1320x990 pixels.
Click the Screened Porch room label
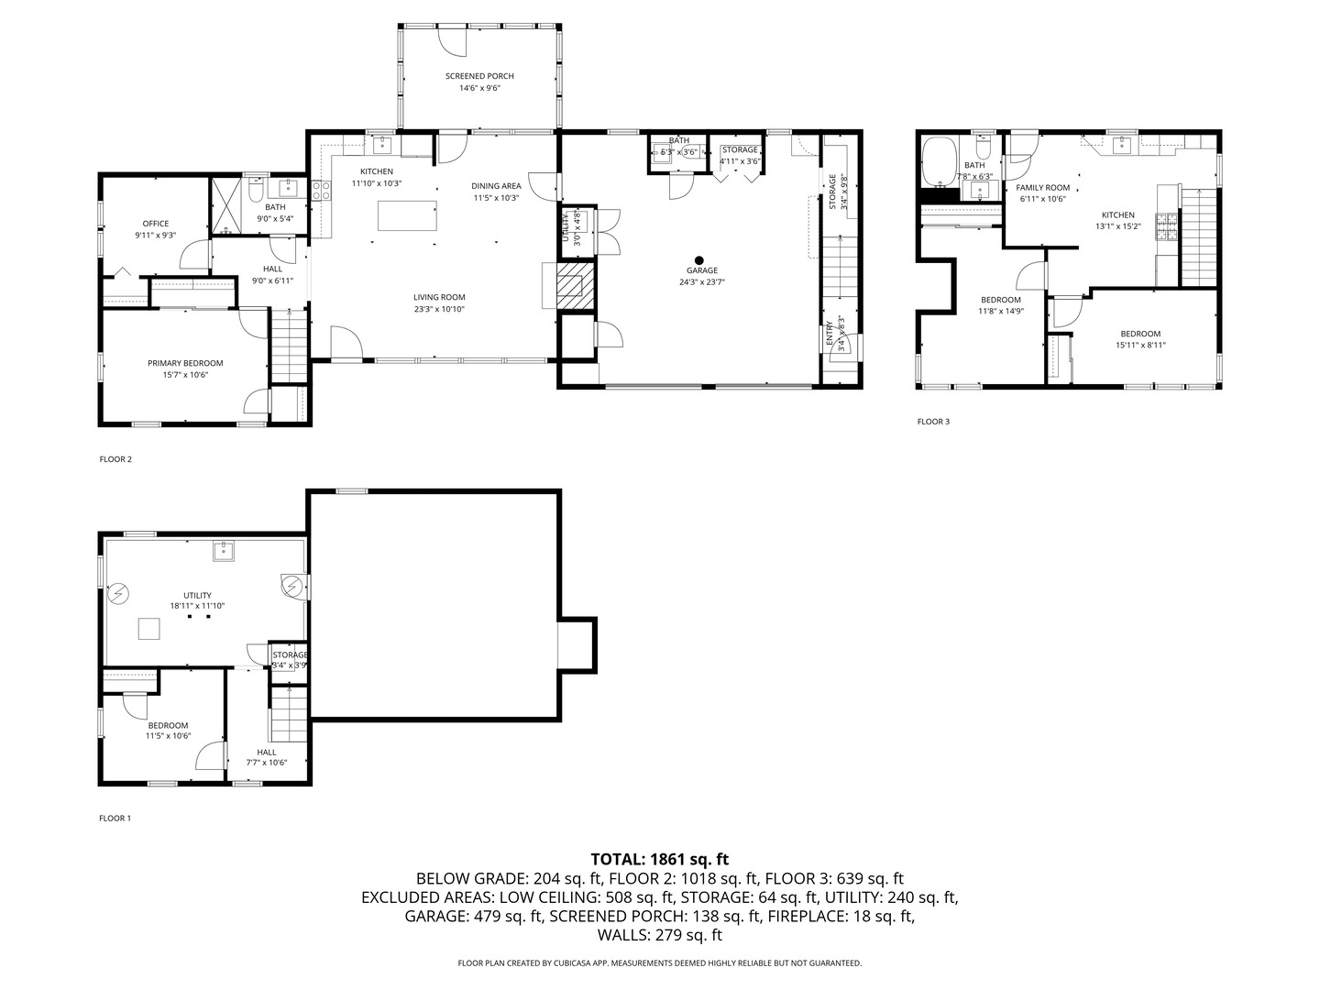click(479, 76)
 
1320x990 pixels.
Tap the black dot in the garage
click(698, 260)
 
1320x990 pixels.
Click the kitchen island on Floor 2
click(407, 216)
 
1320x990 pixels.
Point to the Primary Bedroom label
click(185, 363)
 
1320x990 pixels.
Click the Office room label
click(155, 224)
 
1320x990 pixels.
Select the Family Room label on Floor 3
click(1043, 188)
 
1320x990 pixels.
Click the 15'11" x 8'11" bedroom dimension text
click(1139, 346)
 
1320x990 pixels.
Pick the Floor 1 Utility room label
click(197, 595)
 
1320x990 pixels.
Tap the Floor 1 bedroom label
click(168, 725)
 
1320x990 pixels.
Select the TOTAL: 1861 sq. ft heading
click(659, 859)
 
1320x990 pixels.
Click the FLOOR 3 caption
click(933, 422)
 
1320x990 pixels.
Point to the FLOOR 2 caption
click(115, 459)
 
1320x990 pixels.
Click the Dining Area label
click(496, 186)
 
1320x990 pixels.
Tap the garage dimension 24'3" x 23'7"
click(702, 282)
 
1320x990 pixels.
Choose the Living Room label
click(439, 297)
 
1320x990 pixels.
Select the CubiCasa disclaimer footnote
click(659, 963)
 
